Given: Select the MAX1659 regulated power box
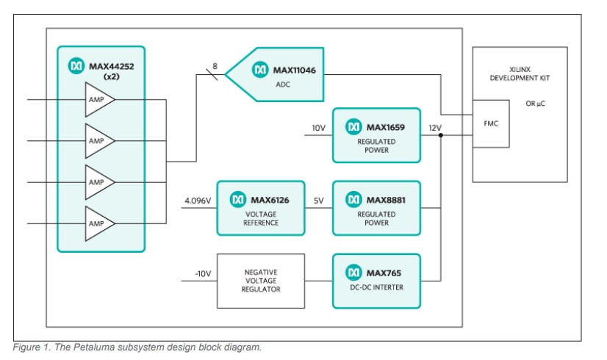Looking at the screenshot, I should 376,135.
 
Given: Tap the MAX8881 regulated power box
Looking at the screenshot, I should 376,208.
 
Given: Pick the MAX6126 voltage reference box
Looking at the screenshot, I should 260,208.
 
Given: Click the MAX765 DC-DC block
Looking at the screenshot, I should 376,281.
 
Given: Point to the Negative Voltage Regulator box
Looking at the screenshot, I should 260,281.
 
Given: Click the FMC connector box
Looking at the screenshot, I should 491,123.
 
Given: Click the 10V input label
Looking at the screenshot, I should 317,128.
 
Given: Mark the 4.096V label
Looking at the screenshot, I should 196,201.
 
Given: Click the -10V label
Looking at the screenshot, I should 202,273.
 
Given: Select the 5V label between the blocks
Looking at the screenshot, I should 317,201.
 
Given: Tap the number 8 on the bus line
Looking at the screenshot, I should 215,66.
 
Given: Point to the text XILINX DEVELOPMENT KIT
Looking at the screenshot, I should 520,73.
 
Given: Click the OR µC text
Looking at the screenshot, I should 534,104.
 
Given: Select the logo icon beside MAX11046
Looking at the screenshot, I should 259,70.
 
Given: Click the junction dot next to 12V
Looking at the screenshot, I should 440,135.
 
